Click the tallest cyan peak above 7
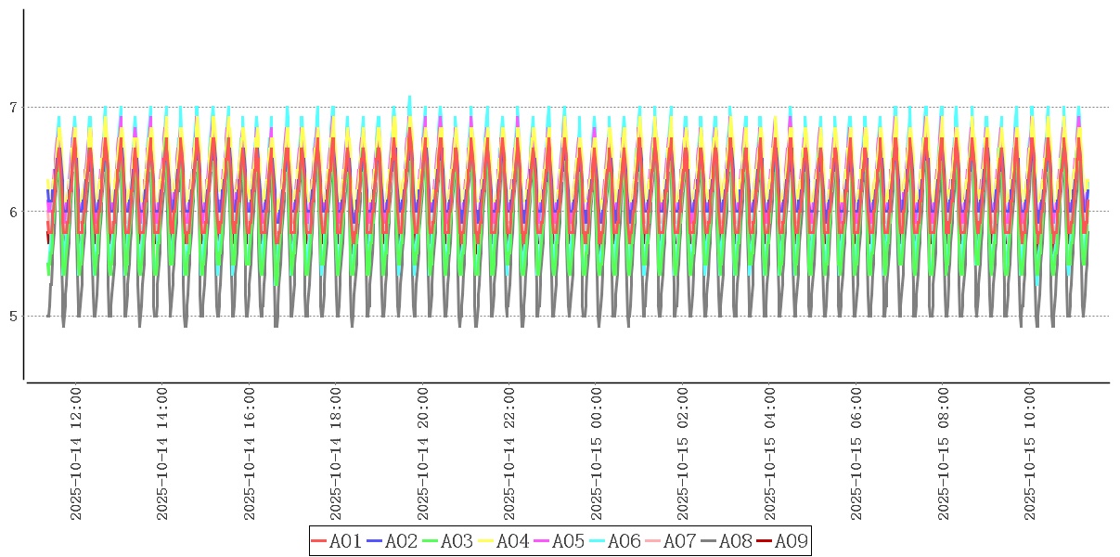(409, 97)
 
